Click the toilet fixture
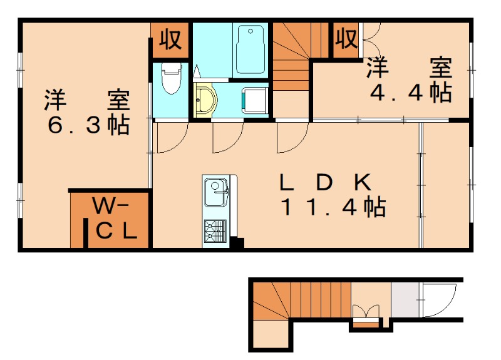tap(170, 80)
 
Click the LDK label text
tap(326, 183)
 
